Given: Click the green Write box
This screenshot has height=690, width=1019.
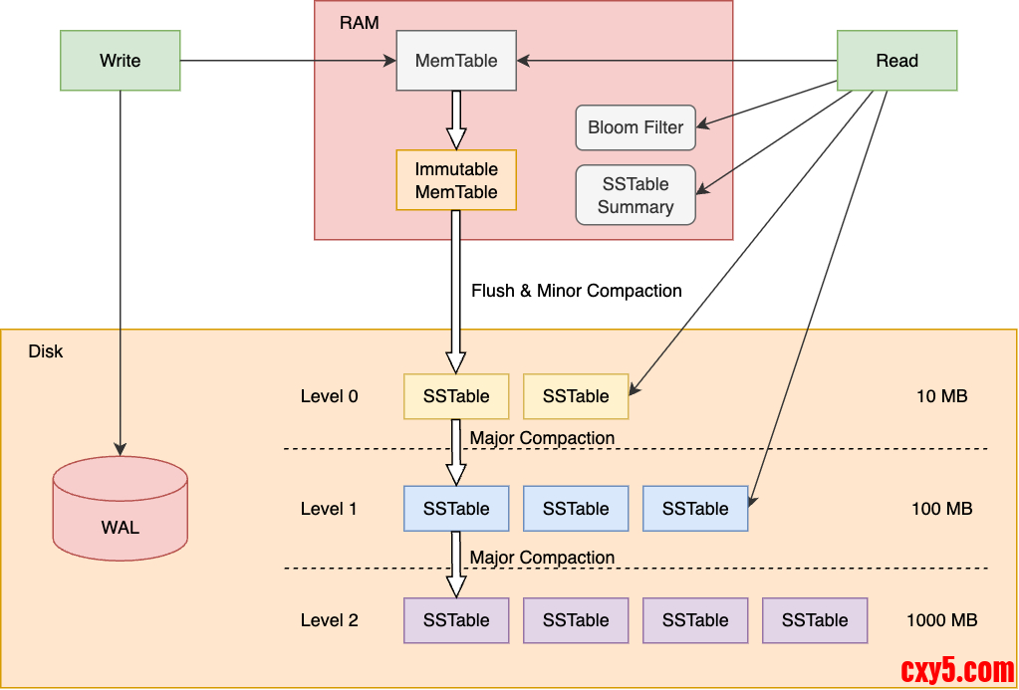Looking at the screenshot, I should [x=120, y=61].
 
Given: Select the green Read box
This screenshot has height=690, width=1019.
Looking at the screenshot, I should [x=896, y=61].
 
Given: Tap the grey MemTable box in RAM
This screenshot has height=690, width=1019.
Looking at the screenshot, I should [x=456, y=61].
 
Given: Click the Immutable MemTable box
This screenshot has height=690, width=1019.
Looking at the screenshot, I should [x=456, y=180].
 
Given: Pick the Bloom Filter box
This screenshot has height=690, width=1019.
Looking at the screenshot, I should [x=636, y=127].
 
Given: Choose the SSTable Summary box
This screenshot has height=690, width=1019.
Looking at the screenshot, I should [x=636, y=195].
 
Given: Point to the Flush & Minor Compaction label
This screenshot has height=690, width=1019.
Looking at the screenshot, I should [x=576, y=291].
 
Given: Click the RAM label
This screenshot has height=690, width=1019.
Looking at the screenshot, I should [x=359, y=22].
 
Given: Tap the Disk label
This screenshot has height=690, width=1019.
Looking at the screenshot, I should [x=46, y=351].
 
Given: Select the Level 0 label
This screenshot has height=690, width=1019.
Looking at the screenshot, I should [x=329, y=396].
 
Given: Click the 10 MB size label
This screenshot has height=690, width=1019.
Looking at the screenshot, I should [x=941, y=396].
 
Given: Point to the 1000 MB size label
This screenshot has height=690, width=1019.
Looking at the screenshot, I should [x=941, y=620].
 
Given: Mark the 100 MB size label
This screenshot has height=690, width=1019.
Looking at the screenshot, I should [x=941, y=509].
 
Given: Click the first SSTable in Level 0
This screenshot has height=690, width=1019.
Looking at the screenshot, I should [x=456, y=396].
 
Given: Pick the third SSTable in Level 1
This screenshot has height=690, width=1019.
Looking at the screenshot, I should [x=695, y=509].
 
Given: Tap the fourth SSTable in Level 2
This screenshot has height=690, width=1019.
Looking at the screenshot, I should [x=815, y=620].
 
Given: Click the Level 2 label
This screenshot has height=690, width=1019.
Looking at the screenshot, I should [x=329, y=620].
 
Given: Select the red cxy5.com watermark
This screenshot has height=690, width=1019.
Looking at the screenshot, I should [x=956, y=670].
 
